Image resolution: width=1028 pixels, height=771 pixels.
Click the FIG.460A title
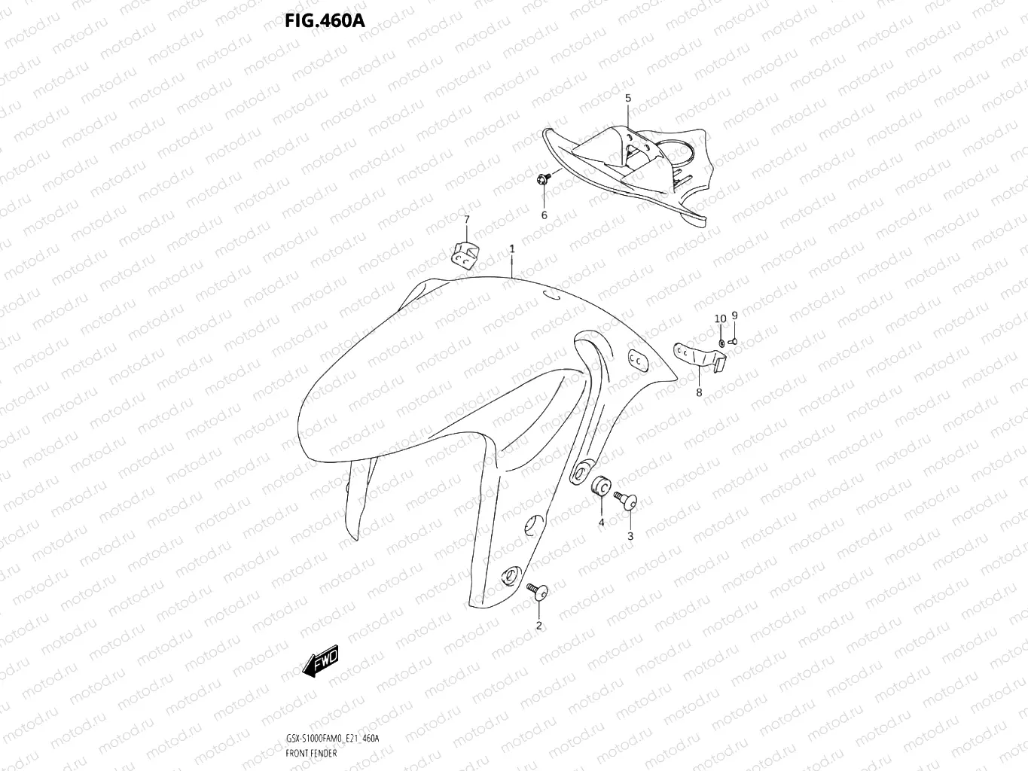click(x=325, y=20)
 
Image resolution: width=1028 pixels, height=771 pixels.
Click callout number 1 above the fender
click(x=512, y=248)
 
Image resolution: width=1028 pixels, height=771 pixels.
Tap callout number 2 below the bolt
click(x=538, y=625)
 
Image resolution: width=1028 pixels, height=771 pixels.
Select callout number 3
click(x=630, y=536)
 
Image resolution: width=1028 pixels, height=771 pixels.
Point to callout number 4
click(x=601, y=522)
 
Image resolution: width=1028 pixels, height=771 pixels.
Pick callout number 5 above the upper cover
click(x=628, y=99)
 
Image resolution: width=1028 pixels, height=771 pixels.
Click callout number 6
click(x=545, y=215)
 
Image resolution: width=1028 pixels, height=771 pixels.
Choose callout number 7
click(x=466, y=219)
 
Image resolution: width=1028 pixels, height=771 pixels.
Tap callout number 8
click(x=699, y=392)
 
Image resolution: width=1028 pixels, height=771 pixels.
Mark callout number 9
click(x=734, y=315)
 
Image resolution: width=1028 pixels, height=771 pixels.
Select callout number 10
click(x=720, y=318)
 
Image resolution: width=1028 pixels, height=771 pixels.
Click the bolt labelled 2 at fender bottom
click(x=538, y=593)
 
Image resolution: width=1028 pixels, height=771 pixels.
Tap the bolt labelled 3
click(x=625, y=499)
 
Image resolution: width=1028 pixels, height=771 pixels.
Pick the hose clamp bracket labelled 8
click(x=697, y=358)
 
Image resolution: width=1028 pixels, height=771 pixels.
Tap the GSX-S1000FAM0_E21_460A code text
click(x=332, y=738)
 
